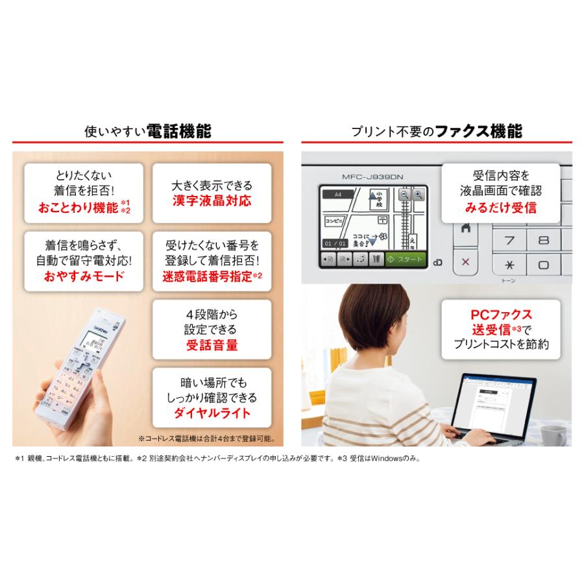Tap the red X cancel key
pos(465,262)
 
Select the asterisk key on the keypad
pos(510,265)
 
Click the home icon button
pos(465,228)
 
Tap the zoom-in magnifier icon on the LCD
pos(418,194)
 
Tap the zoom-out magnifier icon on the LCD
pos(404,194)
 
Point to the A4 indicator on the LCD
pos(337,194)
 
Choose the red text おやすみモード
pos(84,275)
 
